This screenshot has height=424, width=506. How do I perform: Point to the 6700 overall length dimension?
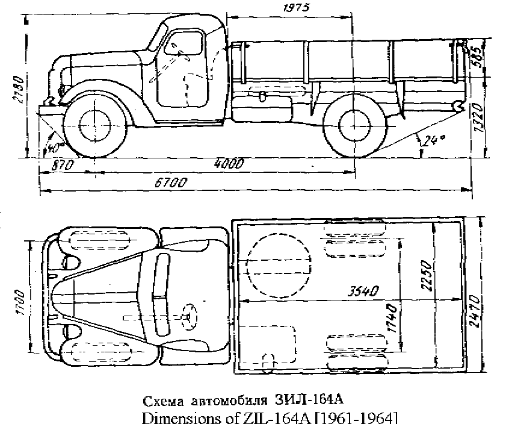click(170, 182)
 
